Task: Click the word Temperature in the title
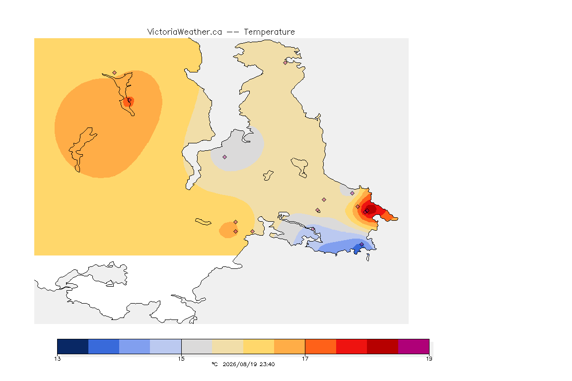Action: (269, 32)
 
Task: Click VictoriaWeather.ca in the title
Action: (185, 32)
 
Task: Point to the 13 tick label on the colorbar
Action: (58, 359)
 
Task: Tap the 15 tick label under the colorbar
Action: (181, 359)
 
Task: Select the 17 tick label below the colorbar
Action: (305, 359)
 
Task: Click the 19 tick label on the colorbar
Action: (429, 359)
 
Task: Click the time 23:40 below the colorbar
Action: (267, 364)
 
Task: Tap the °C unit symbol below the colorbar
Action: (215, 364)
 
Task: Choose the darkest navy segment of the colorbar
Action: (73, 346)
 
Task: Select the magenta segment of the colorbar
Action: (413, 346)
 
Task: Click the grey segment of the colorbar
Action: (197, 346)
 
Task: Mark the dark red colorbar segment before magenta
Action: (382, 346)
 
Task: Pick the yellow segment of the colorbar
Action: (259, 346)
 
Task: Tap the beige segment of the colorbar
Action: (227, 346)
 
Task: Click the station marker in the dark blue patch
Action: (361, 244)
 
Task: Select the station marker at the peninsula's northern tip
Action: (286, 63)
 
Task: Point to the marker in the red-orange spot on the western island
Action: (129, 100)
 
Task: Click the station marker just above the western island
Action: (115, 73)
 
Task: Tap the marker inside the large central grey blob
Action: (225, 157)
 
